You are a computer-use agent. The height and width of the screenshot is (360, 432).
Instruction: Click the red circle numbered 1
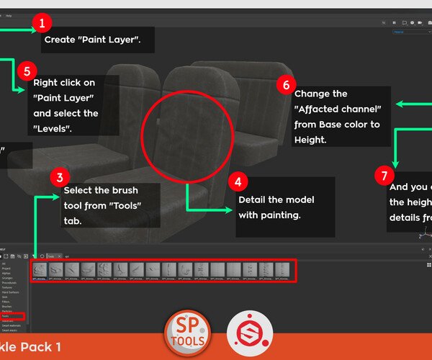tap(42, 23)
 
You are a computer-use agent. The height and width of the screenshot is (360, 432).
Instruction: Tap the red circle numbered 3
tap(62, 176)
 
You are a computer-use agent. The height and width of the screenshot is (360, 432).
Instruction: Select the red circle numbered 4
tap(238, 181)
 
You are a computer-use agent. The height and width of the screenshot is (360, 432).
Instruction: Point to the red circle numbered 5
tap(27, 71)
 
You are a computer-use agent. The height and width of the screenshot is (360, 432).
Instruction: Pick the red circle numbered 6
tap(286, 85)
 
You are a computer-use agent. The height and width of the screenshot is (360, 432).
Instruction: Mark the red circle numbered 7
tap(385, 174)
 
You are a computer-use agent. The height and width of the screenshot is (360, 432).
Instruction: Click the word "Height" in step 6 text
tap(312, 140)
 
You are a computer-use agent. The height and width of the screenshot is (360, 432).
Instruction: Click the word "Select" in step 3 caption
tap(78, 191)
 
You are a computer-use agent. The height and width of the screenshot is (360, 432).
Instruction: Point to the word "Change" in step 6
tap(312, 94)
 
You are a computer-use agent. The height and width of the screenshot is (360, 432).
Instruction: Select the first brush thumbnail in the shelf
tap(39, 271)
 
